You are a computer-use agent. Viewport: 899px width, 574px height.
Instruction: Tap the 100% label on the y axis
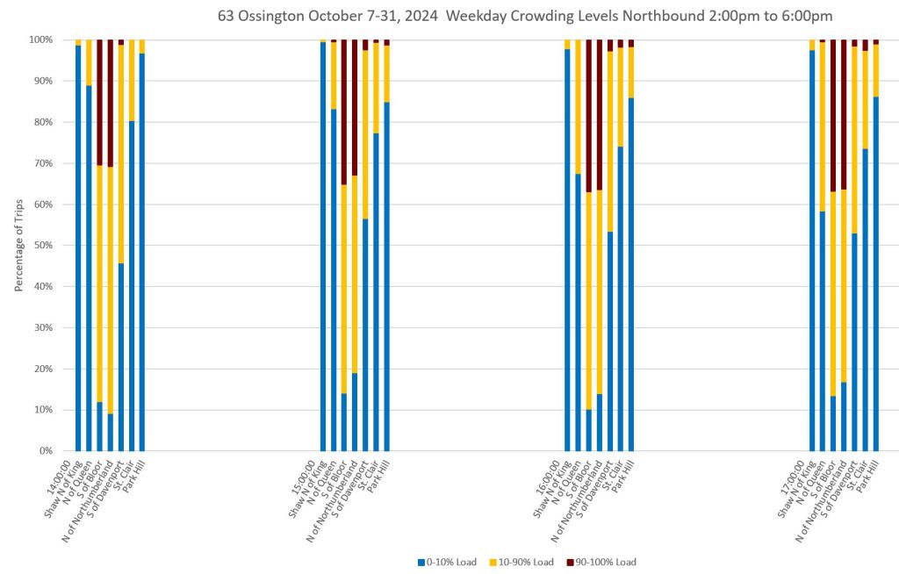click(x=41, y=39)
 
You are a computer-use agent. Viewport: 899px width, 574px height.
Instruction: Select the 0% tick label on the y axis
click(x=46, y=451)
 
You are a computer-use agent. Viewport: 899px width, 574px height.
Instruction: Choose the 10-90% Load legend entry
click(x=521, y=562)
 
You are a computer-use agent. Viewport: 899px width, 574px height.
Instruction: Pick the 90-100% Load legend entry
click(x=601, y=562)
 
